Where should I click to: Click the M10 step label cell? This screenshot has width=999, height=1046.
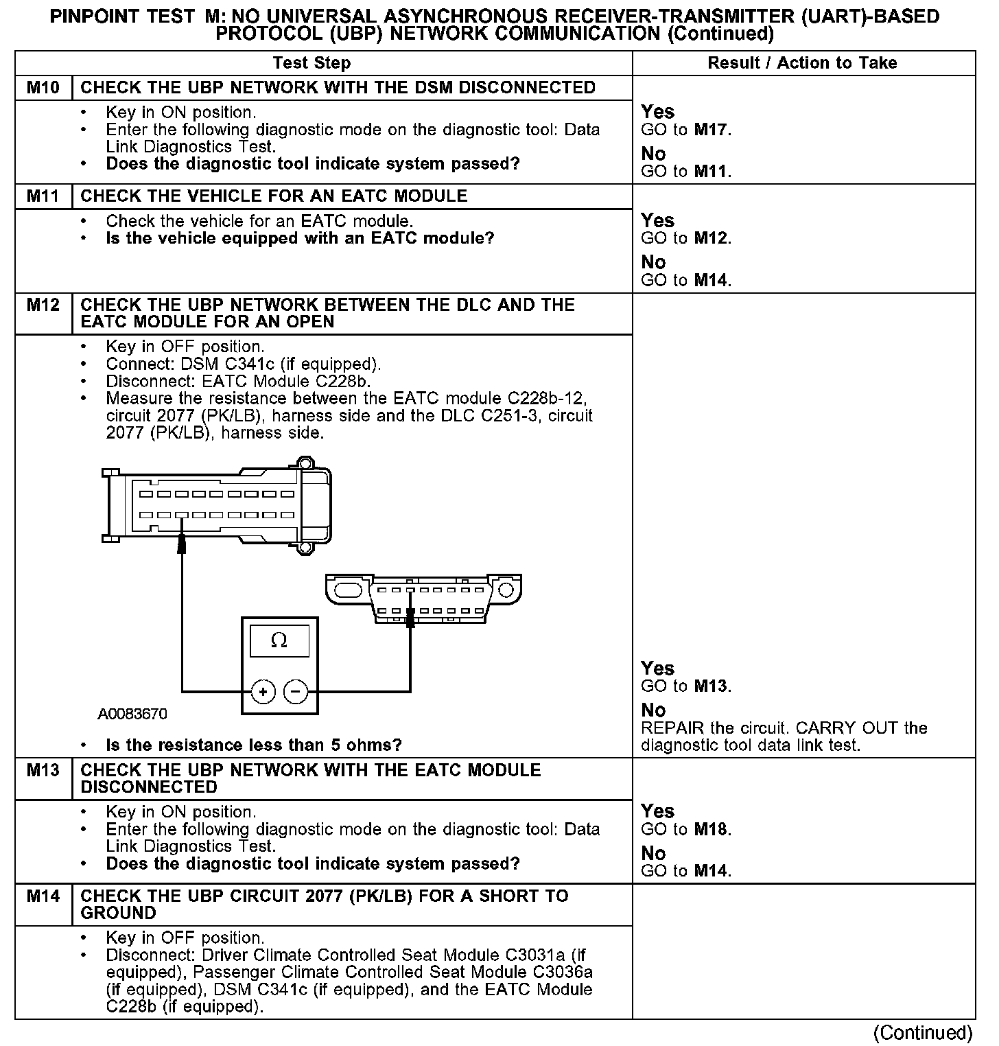pyautogui.click(x=43, y=88)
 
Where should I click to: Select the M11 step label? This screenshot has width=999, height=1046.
pyautogui.click(x=43, y=196)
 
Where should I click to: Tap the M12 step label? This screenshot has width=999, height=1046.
pyautogui.click(x=43, y=305)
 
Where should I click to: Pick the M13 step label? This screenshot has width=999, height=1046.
pyautogui.click(x=43, y=771)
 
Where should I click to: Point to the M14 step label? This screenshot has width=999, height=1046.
pyautogui.click(x=43, y=896)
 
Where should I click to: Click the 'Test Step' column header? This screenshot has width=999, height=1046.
pyautogui.click(x=312, y=63)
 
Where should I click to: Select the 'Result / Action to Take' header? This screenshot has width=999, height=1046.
pyautogui.click(x=802, y=63)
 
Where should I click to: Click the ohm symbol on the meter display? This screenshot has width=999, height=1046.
pyautogui.click(x=279, y=641)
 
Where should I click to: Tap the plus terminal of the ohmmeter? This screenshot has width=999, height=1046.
pyautogui.click(x=263, y=692)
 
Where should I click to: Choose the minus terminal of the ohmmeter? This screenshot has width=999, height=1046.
pyautogui.click(x=296, y=692)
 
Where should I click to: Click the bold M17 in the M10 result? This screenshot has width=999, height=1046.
pyautogui.click(x=711, y=130)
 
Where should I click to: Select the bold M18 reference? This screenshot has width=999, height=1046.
pyautogui.click(x=711, y=829)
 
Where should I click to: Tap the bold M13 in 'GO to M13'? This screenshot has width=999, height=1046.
pyautogui.click(x=711, y=686)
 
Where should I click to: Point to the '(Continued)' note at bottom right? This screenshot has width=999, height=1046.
pyautogui.click(x=923, y=1033)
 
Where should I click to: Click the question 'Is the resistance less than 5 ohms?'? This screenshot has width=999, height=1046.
pyautogui.click(x=254, y=745)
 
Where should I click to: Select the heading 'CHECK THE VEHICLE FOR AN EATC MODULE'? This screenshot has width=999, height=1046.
pyautogui.click(x=274, y=196)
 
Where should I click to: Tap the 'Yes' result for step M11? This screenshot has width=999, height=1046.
pyautogui.click(x=657, y=221)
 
